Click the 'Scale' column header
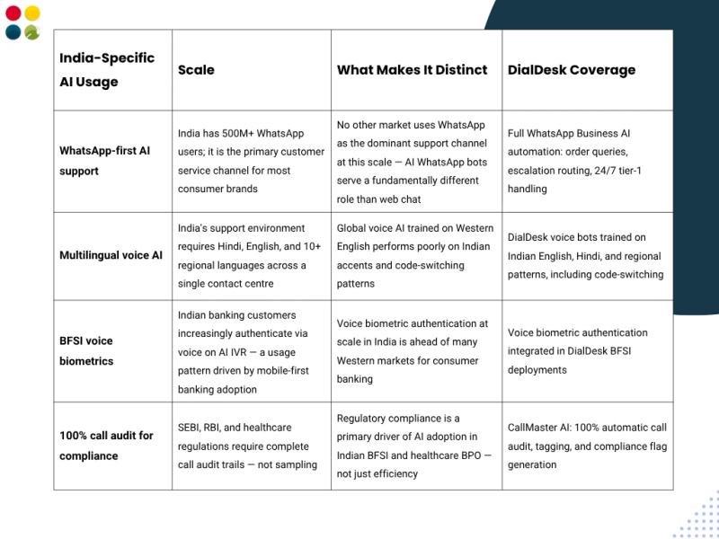coord(196,70)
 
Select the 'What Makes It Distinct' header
coord(412,70)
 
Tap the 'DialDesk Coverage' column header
coord(571,70)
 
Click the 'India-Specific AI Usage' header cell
coord(106,70)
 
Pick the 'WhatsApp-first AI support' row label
coord(104,161)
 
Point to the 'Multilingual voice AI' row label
coord(111,255)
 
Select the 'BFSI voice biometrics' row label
coord(86,350)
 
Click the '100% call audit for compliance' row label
coord(106,446)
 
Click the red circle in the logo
coord(13,13)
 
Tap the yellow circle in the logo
coord(32,13)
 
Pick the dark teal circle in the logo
coord(13,32)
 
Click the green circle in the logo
coord(32,32)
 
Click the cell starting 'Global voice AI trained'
coord(414,255)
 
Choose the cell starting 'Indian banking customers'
coord(250,352)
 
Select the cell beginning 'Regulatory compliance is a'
coord(414,446)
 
